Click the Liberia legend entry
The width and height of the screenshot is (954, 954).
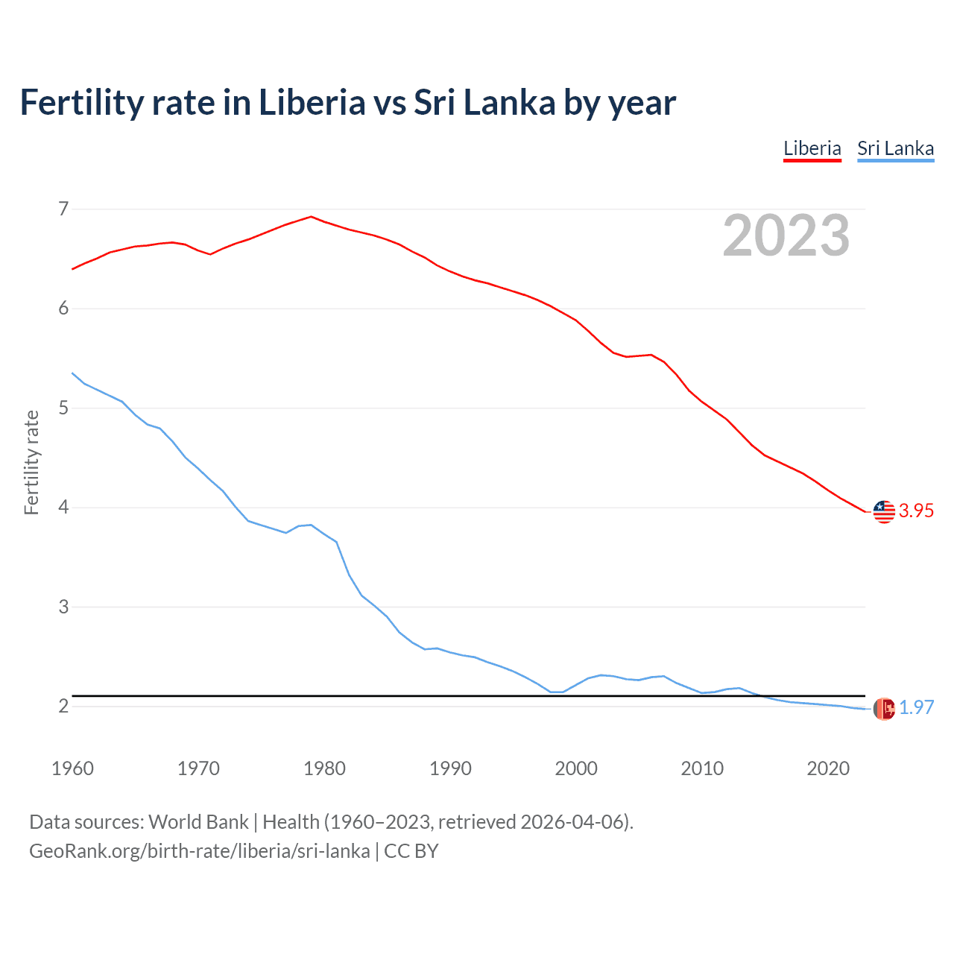click(812, 149)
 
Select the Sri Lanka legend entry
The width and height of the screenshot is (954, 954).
click(895, 149)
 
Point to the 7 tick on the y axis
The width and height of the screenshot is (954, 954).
click(63, 209)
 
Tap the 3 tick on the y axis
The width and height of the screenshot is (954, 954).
click(63, 607)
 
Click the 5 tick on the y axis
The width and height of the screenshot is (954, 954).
click(63, 408)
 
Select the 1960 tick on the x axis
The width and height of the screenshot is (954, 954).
click(72, 768)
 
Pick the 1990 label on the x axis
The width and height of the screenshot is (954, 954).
click(450, 768)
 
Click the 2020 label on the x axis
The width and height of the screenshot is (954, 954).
click(828, 768)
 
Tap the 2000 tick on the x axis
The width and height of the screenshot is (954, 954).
click(576, 768)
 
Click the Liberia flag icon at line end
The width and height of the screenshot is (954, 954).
click(884, 511)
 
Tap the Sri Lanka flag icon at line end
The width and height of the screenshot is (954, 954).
click(884, 709)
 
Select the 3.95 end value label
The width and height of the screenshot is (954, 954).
click(916, 511)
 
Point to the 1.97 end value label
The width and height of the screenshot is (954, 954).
click(916, 708)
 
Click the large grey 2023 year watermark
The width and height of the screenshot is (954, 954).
click(786, 236)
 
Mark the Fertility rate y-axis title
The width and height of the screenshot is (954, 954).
click(31, 462)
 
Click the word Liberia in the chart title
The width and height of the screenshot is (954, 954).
click(312, 103)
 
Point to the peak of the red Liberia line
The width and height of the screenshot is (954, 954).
click(311, 217)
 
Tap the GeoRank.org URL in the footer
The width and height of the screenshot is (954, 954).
click(199, 851)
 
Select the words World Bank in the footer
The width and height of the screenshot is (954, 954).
click(198, 822)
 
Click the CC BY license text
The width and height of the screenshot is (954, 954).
click(411, 851)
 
